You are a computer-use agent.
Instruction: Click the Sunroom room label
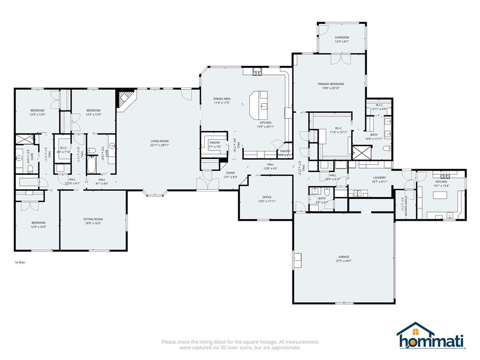point(341,37)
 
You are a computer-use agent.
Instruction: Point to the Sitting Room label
point(93,219)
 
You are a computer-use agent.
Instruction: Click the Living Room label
point(159,141)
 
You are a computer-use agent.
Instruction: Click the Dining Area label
point(222,99)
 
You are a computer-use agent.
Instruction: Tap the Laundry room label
point(379,178)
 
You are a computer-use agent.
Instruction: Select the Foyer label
point(231,173)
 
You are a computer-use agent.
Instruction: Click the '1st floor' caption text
point(20,262)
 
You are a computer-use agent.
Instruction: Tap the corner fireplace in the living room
point(125,100)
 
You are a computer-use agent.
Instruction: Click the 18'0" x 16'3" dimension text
point(93,223)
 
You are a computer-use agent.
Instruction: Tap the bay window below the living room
point(155,192)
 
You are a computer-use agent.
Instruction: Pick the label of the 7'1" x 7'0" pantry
point(215,142)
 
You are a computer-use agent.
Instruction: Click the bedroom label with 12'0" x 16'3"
point(38,223)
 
